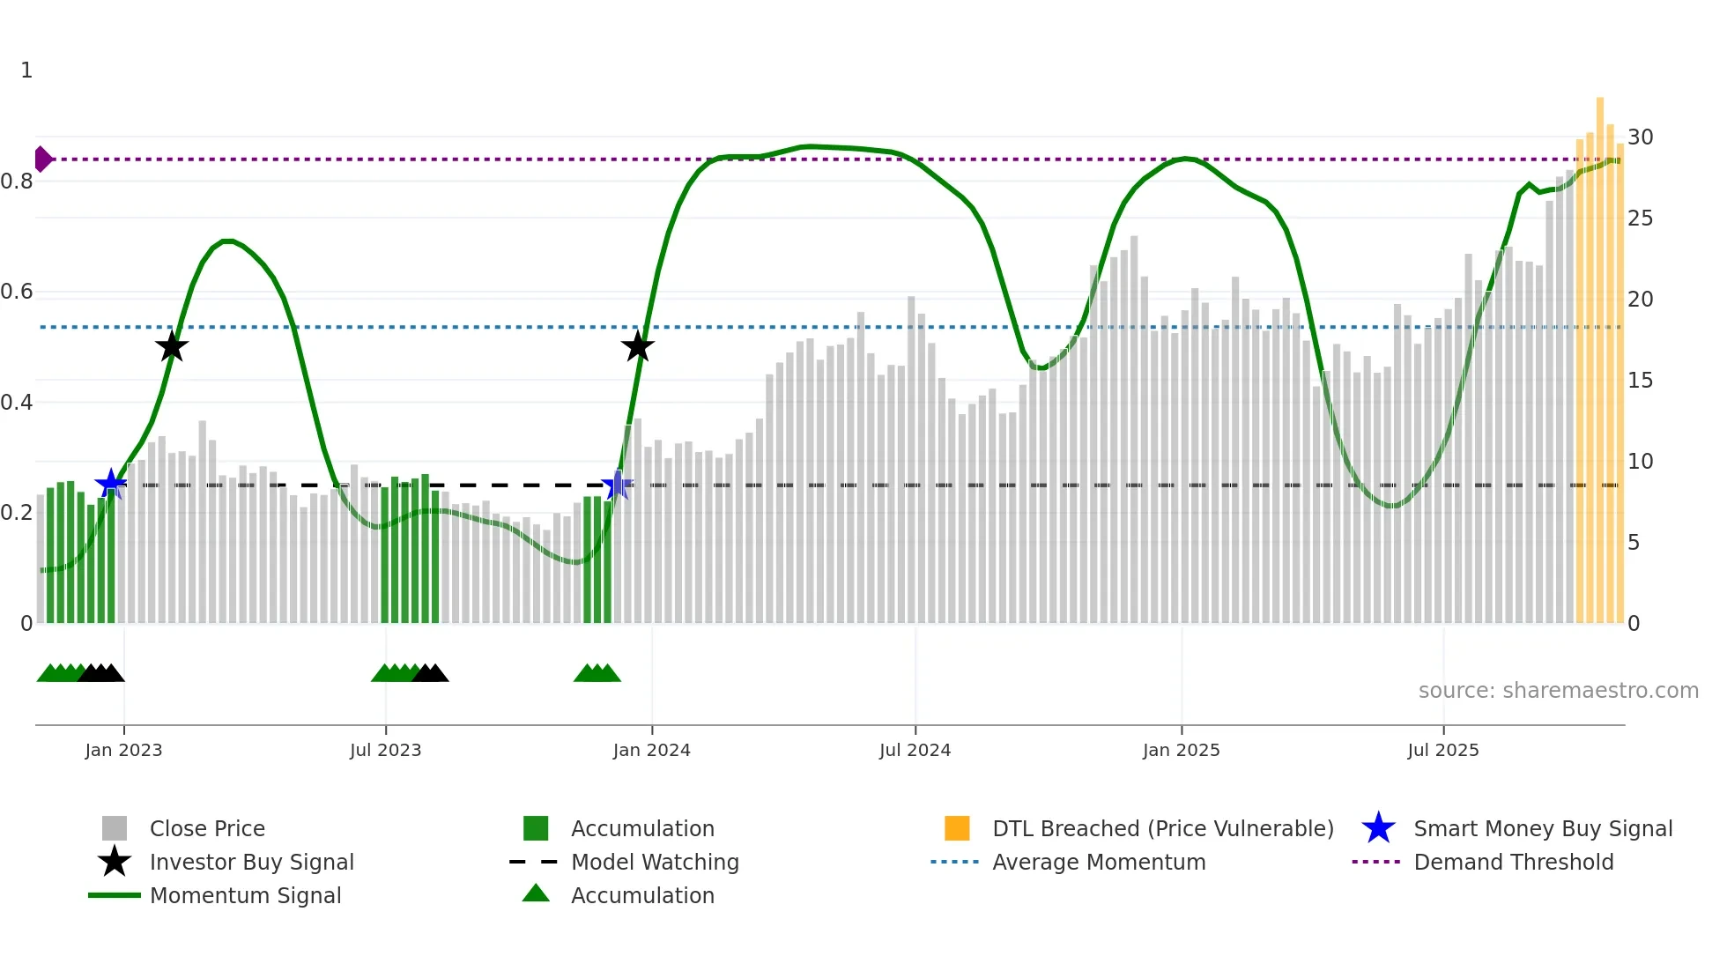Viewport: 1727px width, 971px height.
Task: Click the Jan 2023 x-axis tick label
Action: pos(123,750)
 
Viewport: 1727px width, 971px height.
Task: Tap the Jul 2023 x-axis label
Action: pos(385,750)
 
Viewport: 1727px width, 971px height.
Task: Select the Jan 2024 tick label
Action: pos(651,750)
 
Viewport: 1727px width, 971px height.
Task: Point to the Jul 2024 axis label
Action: pos(915,750)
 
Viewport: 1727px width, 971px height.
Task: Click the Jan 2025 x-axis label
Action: pos(1181,750)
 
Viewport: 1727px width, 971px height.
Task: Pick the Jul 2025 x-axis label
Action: pos(1442,750)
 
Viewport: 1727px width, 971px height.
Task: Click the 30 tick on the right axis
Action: pos(1640,137)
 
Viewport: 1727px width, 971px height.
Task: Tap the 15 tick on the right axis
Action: pos(1640,381)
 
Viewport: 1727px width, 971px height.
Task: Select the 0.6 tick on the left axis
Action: pos(17,292)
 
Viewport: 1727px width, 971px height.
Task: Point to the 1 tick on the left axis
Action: pos(26,70)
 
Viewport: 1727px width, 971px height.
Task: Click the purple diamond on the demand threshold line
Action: pos(42,159)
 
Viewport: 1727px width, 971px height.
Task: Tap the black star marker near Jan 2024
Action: pos(637,346)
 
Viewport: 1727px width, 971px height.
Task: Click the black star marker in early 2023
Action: pos(172,346)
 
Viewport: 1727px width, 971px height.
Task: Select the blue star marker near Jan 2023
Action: pos(110,484)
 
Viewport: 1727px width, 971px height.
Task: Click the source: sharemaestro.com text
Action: pos(1558,691)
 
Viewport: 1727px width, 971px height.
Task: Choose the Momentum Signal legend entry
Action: pos(245,896)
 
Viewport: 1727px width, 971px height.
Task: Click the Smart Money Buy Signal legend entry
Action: pos(1542,829)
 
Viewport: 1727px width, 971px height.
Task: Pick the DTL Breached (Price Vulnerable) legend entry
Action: pos(1162,829)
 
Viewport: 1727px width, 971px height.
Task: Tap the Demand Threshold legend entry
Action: pos(1513,863)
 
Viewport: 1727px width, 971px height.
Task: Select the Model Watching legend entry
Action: pos(655,863)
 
